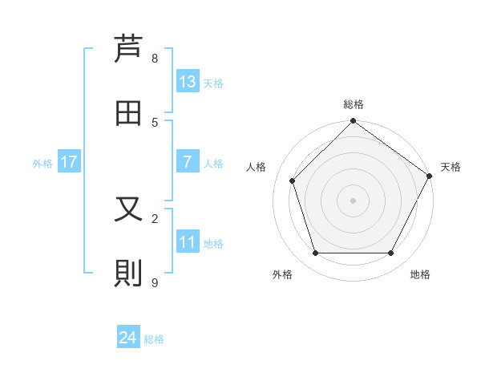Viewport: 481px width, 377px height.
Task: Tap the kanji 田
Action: pyautogui.click(x=128, y=113)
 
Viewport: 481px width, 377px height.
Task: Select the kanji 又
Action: pyautogui.click(x=128, y=209)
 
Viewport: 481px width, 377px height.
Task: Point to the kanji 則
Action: pyautogui.click(x=128, y=274)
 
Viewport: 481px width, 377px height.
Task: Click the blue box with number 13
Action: pyautogui.click(x=188, y=82)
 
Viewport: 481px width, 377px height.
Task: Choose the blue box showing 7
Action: pyautogui.click(x=188, y=162)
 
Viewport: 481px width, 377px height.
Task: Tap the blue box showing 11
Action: pyautogui.click(x=188, y=242)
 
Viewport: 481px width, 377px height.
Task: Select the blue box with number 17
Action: pyautogui.click(x=69, y=162)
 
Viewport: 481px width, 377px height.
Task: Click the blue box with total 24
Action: pyautogui.click(x=128, y=338)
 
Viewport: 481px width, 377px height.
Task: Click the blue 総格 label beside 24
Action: pyautogui.click(x=154, y=339)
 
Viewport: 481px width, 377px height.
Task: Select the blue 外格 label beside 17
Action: pyautogui.click(x=42, y=164)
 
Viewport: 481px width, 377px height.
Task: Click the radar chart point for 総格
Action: pyautogui.click(x=353, y=122)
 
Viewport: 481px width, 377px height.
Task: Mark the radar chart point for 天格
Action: pyautogui.click(x=429, y=176)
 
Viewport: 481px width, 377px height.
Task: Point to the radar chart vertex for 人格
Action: pyautogui.click(x=293, y=180)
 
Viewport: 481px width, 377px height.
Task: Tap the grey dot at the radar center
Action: pyautogui.click(x=353, y=200)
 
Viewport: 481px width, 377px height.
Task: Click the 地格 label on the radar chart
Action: pyautogui.click(x=420, y=274)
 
